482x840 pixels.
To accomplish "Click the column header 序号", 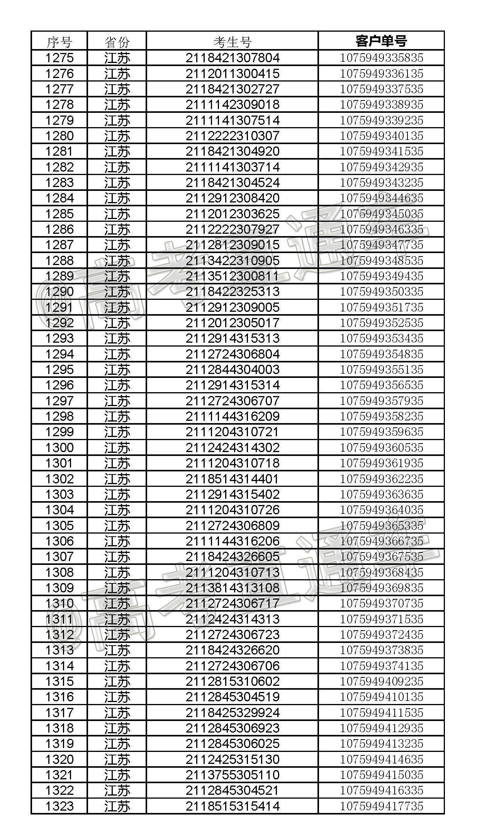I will (59, 41).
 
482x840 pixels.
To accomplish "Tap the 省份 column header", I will (117, 41).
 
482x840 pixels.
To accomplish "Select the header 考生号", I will (232, 41).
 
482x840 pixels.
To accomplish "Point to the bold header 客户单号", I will (381, 41).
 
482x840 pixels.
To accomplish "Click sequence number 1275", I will (59, 58).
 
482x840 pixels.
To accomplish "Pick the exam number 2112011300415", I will (232, 74).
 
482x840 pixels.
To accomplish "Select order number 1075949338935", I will (381, 105).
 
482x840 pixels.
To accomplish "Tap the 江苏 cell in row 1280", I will (117, 136).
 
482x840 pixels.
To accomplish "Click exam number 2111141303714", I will (232, 167).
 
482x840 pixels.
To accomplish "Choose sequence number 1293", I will (59, 338).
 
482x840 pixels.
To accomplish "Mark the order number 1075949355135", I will (381, 369).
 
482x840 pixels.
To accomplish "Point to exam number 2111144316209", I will (232, 416).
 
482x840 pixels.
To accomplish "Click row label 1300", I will (59, 447).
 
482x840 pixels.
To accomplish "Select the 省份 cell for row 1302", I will (117, 479).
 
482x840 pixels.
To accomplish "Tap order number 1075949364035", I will (381, 510).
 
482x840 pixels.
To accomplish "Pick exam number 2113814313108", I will (232, 588).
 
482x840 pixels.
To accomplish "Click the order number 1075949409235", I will (381, 681).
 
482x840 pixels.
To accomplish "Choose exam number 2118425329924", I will (232, 712).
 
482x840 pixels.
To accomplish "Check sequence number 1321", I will (59, 775).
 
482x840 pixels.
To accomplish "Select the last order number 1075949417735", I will (381, 806).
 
